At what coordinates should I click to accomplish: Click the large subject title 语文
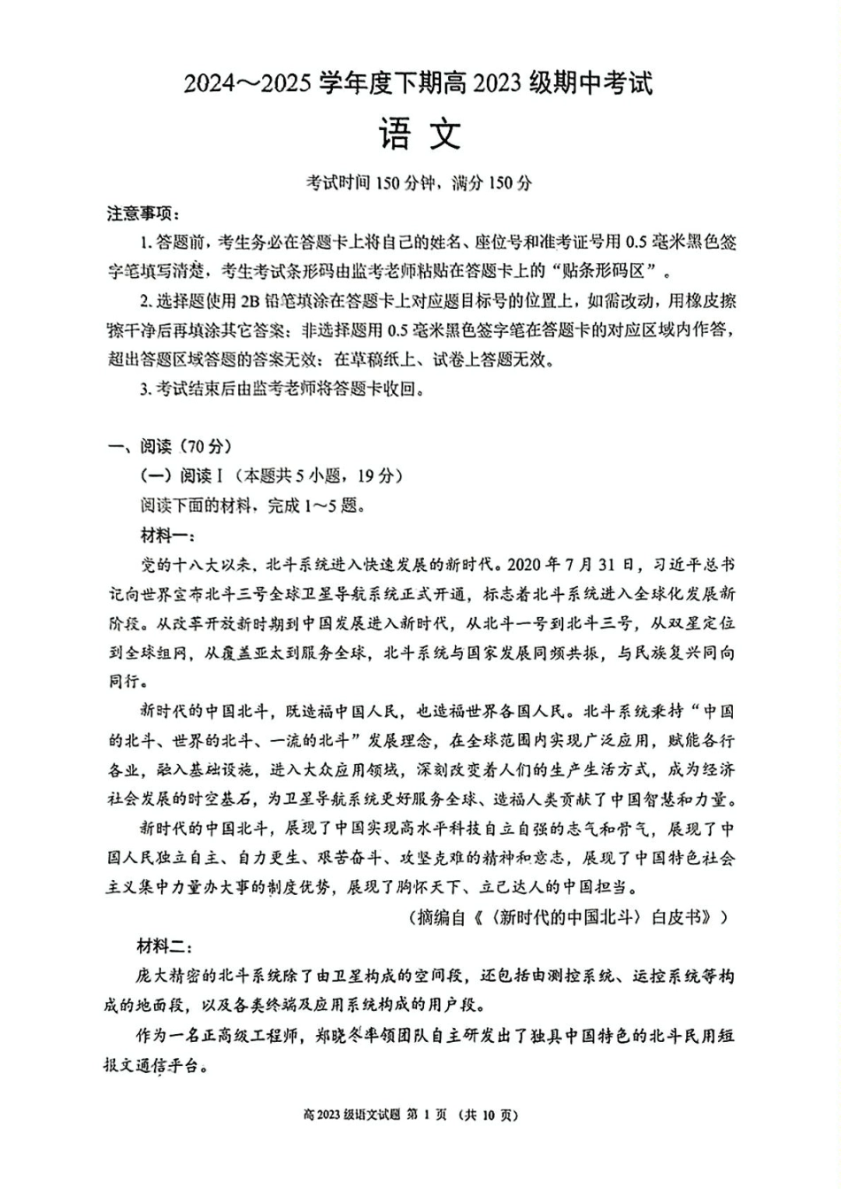[420, 135]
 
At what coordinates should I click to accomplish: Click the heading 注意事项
[142, 213]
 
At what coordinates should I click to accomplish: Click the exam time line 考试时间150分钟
[371, 183]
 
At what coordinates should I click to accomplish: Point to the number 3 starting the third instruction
[144, 389]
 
